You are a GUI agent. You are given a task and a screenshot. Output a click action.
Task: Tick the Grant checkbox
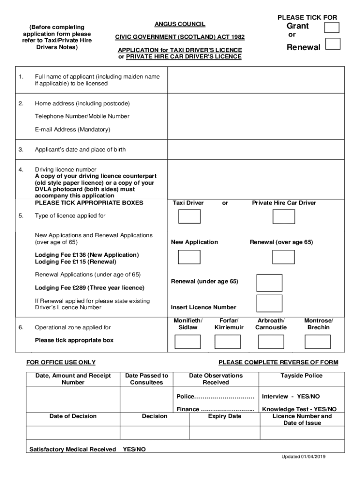pos(331,27)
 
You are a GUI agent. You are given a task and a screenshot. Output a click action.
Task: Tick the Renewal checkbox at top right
pos(332,44)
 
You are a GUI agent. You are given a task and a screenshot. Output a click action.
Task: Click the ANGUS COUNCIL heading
pos(180,24)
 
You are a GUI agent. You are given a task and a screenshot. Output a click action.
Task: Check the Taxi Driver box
pos(189,217)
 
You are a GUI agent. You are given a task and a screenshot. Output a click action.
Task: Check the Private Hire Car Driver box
pos(284,217)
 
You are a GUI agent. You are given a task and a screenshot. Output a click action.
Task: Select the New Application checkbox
pos(189,257)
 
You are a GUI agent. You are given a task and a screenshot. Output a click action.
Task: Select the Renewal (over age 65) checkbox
pos(284,257)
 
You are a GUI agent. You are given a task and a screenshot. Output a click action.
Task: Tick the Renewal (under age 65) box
pos(269,283)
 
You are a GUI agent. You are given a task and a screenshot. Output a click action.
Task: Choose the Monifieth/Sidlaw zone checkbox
pos(187,342)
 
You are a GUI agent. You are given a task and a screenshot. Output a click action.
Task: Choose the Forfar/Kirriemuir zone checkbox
pos(227,342)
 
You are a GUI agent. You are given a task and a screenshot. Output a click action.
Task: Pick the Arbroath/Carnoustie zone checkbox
pos(271,342)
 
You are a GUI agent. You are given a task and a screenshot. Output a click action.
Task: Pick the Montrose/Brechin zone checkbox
pos(317,342)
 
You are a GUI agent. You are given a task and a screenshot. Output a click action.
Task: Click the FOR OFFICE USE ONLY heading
pos(61,363)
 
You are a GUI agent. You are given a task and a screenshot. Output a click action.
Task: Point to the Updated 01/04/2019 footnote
pos(303,457)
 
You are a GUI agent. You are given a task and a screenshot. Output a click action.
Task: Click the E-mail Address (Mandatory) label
pos(72,130)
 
